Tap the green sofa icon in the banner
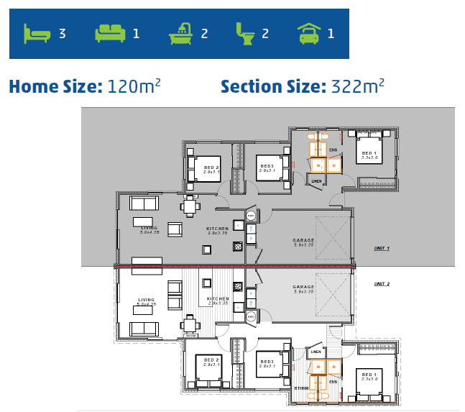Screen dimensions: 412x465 point(110,32)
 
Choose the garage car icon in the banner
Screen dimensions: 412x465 point(309,32)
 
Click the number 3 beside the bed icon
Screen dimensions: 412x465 point(62,33)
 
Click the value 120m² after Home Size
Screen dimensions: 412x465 point(134,87)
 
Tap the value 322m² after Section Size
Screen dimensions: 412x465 point(357,87)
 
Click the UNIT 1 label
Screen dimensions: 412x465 point(382,248)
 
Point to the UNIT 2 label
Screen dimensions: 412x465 point(382,284)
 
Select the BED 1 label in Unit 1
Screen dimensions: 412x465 point(368,152)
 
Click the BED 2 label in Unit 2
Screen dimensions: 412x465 point(211,359)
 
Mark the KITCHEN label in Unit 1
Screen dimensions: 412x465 point(217,228)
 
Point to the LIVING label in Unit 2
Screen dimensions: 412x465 point(147,300)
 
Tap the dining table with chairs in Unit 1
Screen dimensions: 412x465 point(189,207)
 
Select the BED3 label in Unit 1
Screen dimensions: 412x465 point(267,166)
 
